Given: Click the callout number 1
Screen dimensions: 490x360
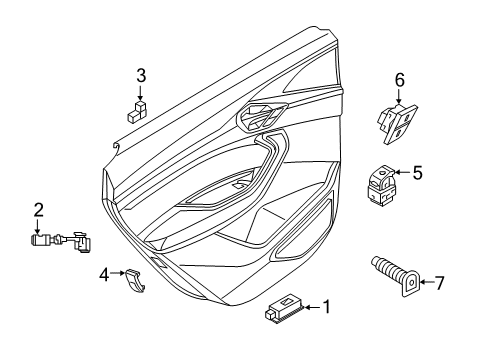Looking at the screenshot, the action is (327, 307).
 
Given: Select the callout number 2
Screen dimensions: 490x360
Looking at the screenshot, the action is (39, 210).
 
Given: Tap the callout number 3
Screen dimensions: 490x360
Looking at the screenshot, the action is (141, 76).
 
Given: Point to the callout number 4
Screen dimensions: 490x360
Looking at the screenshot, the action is (104, 275).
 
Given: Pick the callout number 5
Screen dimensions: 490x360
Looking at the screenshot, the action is (417, 173).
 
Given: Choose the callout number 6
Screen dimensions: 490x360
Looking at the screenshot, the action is (400, 80).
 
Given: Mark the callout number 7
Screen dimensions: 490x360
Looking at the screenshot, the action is (440, 283).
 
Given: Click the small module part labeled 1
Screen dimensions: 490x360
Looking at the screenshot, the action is (283, 309).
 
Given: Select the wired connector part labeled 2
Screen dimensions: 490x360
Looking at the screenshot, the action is (62, 241).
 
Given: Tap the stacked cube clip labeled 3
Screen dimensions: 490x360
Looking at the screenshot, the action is (137, 111).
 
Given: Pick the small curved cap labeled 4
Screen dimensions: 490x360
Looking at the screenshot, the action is (134, 281).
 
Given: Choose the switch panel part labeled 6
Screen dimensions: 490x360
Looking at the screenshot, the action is (397, 124).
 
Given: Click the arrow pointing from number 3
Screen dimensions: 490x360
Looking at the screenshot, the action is (140, 93).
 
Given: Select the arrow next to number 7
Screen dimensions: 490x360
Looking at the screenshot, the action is (426, 282).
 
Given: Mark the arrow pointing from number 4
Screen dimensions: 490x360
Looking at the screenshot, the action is (117, 273).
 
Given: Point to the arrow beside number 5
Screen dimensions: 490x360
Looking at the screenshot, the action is (402, 172).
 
